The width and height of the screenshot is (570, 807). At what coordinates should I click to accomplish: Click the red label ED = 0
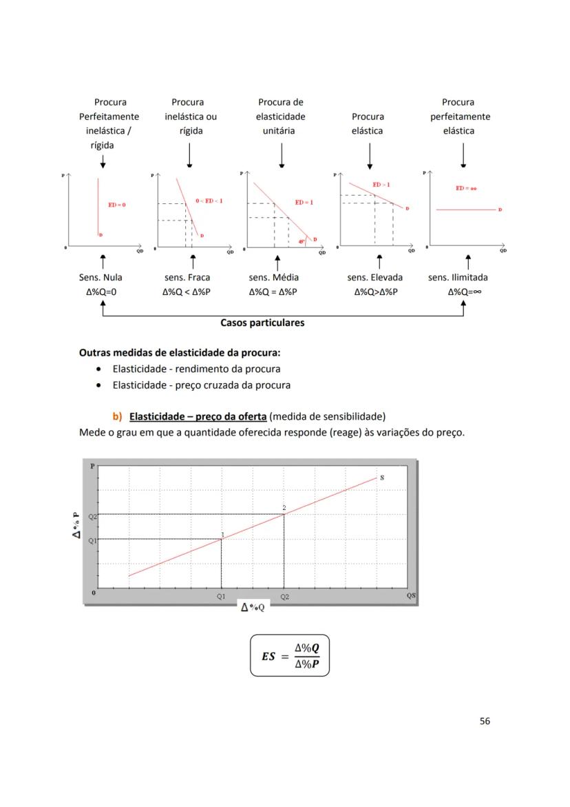tap(117, 205)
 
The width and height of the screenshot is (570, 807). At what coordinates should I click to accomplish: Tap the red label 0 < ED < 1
tap(209, 201)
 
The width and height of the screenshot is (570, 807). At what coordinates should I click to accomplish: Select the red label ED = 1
tap(304, 202)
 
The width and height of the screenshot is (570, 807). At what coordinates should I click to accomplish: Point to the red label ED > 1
tap(381, 185)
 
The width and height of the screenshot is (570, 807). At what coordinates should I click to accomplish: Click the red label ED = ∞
tap(466, 188)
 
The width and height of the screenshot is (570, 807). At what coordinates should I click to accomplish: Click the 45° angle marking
tap(302, 241)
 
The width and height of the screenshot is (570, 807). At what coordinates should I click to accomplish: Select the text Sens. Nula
tap(101, 277)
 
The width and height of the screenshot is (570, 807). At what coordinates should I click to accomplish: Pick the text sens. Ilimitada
tap(458, 277)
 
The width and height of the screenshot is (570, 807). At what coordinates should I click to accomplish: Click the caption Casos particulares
tap(262, 322)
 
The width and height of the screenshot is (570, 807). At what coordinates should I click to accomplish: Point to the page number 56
tap(485, 721)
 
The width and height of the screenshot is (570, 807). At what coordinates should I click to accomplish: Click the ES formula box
tap(290, 655)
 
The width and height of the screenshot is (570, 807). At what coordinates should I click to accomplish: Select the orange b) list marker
tap(117, 416)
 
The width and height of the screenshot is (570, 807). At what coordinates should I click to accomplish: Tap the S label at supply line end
tap(382, 477)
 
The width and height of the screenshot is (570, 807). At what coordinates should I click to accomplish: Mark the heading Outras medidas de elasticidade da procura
tap(180, 351)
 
